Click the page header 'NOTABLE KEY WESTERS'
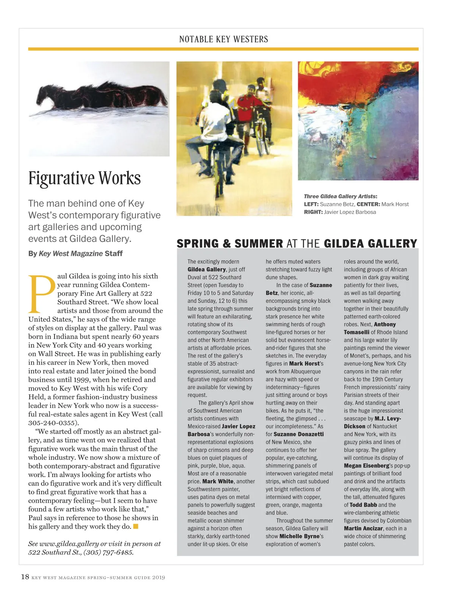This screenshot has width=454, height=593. (223, 39)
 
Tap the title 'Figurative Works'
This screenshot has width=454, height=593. (84, 178)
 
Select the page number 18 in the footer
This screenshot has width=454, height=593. (25, 577)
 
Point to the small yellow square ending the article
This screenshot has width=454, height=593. (136, 526)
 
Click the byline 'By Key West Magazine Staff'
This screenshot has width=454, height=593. (75, 254)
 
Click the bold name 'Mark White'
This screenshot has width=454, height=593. (218, 481)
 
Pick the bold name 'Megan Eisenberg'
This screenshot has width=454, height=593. (366, 465)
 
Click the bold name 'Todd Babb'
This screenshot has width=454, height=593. (363, 505)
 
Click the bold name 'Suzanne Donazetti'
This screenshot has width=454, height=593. (298, 434)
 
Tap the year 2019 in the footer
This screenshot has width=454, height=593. (158, 577)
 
